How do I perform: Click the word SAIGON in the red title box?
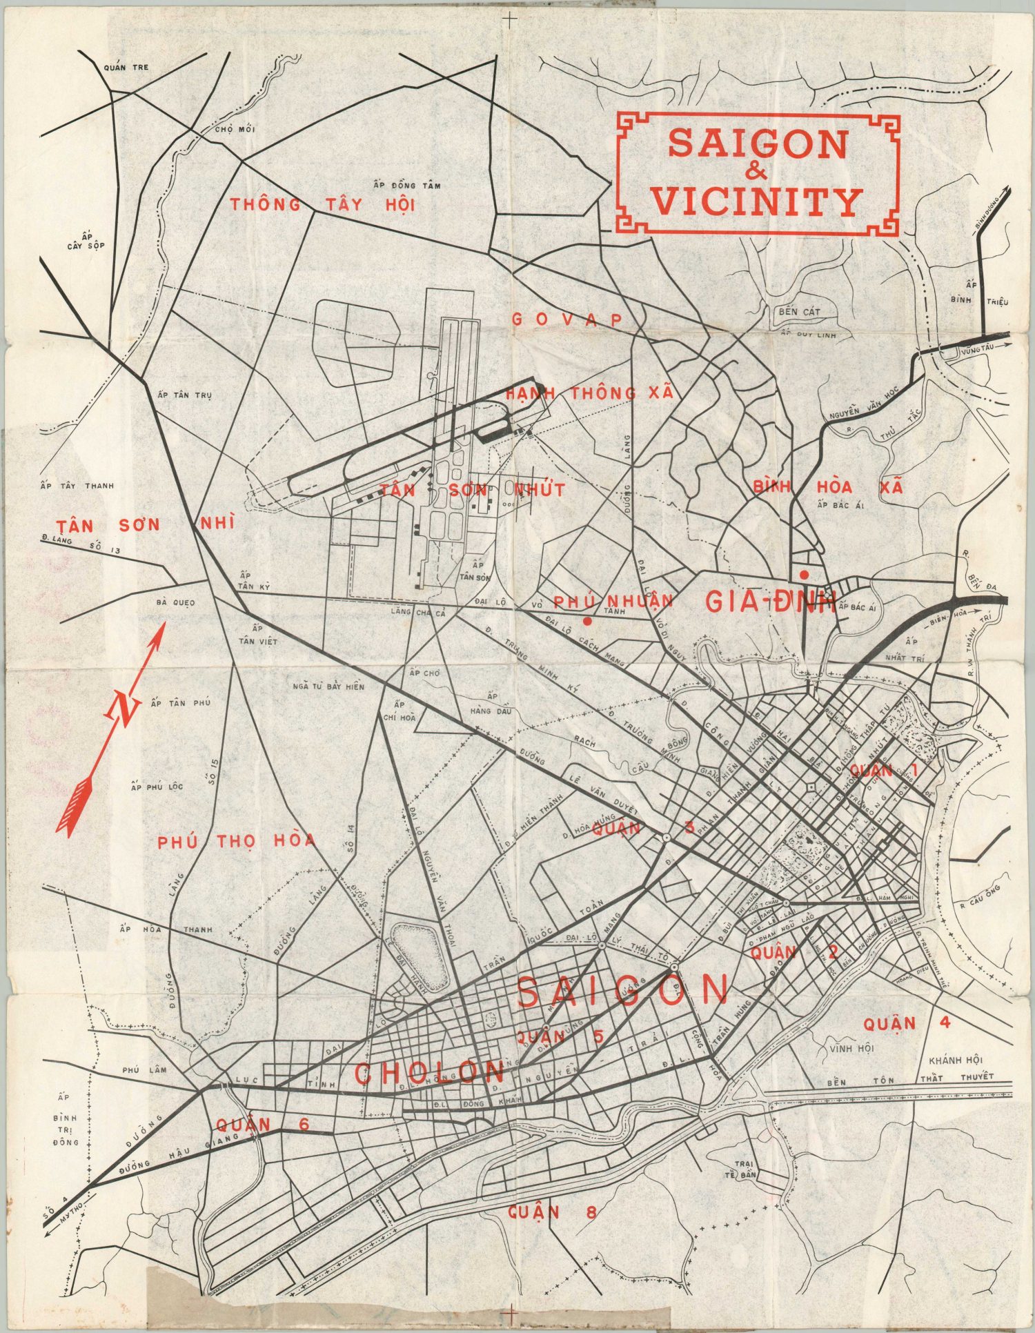point(758,144)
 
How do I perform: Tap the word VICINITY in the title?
point(757,202)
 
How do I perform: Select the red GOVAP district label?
point(566,319)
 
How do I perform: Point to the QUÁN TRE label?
point(126,68)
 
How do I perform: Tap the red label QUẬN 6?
point(262,1125)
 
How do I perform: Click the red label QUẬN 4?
point(906,1023)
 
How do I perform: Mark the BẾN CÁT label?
point(800,312)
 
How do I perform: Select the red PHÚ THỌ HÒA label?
point(236,841)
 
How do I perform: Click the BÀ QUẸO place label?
point(175,602)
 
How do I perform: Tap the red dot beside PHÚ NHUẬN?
point(587,621)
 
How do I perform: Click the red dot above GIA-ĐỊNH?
point(804,575)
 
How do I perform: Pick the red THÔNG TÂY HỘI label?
point(322,205)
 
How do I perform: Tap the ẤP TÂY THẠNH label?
point(77,486)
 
